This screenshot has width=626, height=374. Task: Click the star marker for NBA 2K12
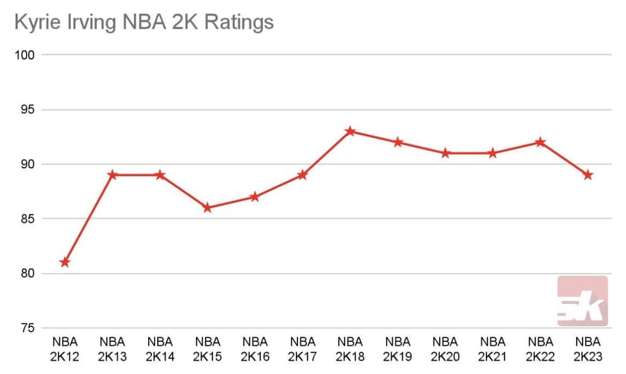(x=65, y=262)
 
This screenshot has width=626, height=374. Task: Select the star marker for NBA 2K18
(x=350, y=131)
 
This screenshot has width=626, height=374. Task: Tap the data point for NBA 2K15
(x=207, y=208)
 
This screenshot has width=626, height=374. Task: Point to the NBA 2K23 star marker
(x=588, y=175)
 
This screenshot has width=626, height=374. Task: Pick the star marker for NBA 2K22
(x=540, y=142)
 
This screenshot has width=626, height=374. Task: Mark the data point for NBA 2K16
(x=255, y=197)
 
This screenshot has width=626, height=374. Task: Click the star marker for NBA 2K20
(x=446, y=153)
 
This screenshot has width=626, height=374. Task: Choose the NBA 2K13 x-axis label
(x=112, y=349)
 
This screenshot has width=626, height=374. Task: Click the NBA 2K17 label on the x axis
(x=303, y=349)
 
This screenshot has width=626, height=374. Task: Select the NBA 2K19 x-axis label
(x=398, y=349)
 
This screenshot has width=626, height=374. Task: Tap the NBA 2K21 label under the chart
(x=493, y=349)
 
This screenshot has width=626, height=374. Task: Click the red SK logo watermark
(x=582, y=302)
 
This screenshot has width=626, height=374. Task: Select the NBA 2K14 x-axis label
(x=159, y=349)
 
